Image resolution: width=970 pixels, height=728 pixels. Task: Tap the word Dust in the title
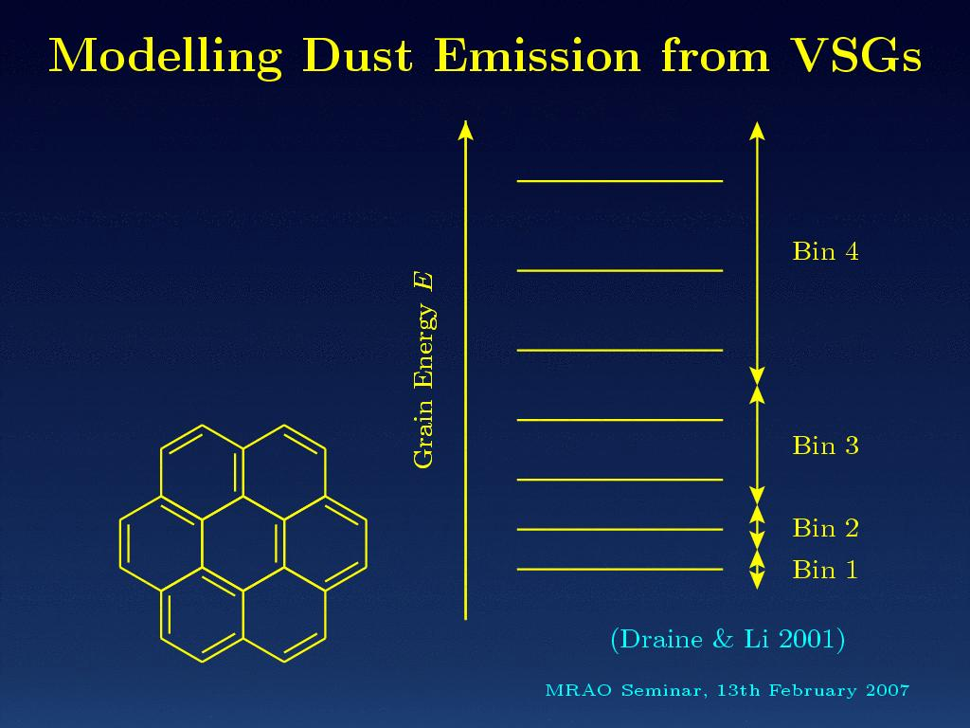357,56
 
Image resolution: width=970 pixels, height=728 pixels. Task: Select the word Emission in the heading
537,56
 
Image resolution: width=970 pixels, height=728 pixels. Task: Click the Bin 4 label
825,251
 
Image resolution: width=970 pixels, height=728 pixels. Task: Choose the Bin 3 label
825,446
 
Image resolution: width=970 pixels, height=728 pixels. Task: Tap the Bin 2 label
825,528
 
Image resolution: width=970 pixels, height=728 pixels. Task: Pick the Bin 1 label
825,570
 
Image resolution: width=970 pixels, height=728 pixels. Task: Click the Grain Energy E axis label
424,371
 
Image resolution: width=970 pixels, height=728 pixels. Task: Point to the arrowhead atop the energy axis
466,129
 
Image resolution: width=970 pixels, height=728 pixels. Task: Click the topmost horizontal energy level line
620,181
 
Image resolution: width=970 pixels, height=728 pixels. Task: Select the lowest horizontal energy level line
620,569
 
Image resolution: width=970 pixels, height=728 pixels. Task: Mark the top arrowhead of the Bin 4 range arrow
757,130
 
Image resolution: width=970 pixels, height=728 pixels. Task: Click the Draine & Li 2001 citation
727,639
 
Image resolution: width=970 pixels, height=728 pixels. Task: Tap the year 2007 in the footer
888,690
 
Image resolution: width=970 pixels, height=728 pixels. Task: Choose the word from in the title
715,56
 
